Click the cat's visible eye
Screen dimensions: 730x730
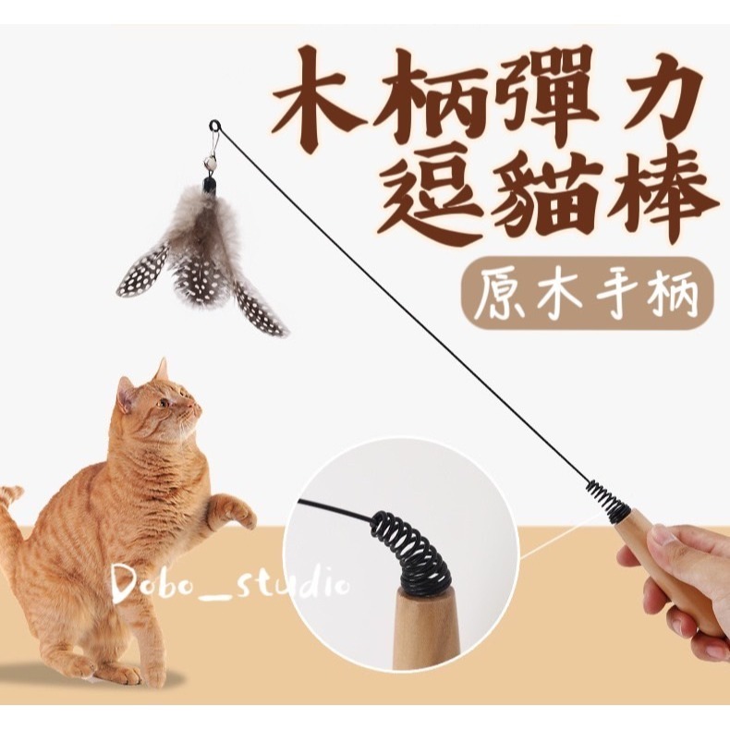click(163, 403)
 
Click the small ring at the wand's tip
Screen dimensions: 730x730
click(214, 126)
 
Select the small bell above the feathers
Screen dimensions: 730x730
click(208, 163)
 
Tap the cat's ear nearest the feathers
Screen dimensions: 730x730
click(161, 370)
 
